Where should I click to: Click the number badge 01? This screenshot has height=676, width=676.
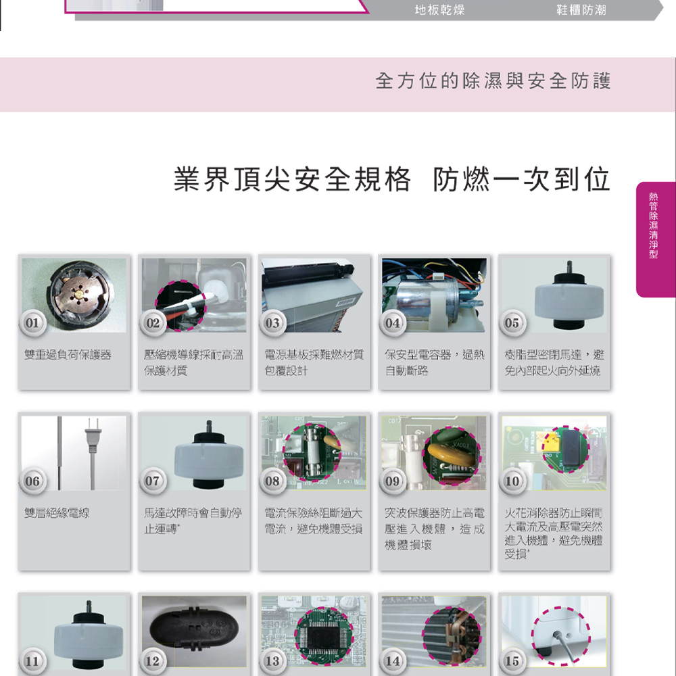pyautogui.click(x=32, y=323)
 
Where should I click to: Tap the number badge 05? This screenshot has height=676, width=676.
pyautogui.click(x=512, y=323)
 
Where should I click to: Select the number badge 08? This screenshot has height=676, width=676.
pyautogui.click(x=272, y=481)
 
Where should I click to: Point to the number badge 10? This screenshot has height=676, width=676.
pyautogui.click(x=512, y=481)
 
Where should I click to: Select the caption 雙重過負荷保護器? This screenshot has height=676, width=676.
pyautogui.click(x=68, y=355)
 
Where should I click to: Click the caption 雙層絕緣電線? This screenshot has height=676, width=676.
pyautogui.click(x=57, y=514)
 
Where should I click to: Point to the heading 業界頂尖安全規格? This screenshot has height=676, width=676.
pyautogui.click(x=292, y=180)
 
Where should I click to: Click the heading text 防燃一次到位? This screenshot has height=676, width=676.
pyautogui.click(x=522, y=180)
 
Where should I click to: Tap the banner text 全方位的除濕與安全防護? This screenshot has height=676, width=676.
pyautogui.click(x=493, y=82)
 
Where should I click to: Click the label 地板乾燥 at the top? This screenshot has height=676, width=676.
pyautogui.click(x=439, y=11)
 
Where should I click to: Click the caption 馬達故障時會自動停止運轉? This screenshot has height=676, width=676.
pyautogui.click(x=193, y=521)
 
